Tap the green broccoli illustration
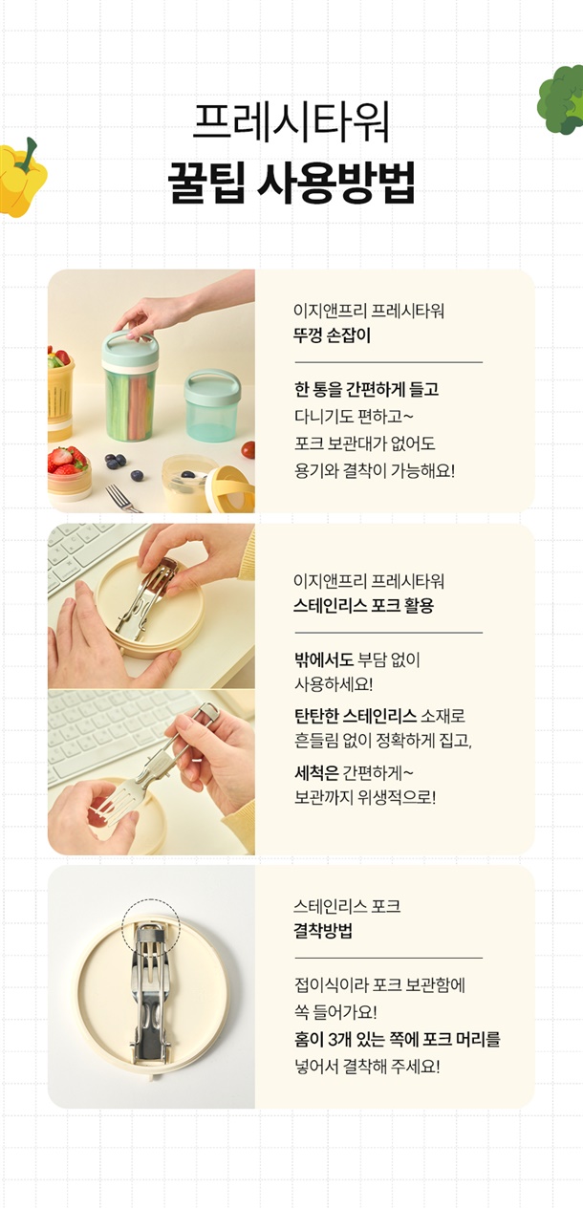point(561,99)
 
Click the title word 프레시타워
point(291,123)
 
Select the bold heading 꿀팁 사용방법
point(291,183)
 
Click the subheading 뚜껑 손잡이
point(332,335)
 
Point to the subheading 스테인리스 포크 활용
point(364,606)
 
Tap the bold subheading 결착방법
point(323,931)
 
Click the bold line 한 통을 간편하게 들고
point(367,389)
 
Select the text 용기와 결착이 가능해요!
point(375,470)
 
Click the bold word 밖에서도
point(324,659)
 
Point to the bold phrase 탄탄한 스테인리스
point(356,716)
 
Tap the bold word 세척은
point(316,773)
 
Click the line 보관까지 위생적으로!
point(365,797)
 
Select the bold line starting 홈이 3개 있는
point(398,1039)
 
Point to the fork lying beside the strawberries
point(122,499)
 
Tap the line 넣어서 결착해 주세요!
point(367,1067)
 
